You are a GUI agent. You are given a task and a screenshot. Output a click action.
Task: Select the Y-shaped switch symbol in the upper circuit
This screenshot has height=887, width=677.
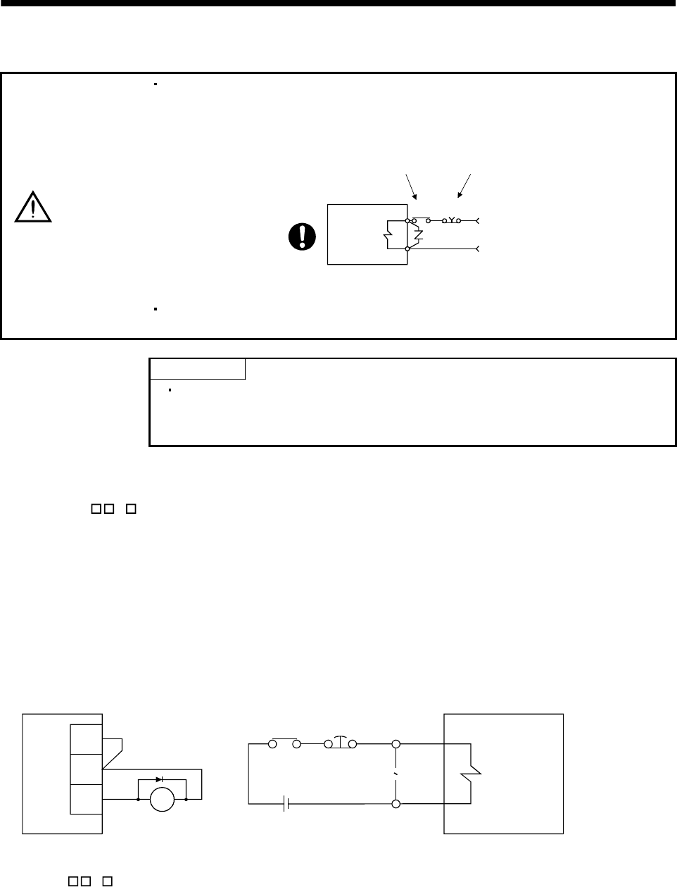451,220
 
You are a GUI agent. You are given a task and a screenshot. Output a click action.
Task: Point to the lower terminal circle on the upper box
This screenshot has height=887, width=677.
407,249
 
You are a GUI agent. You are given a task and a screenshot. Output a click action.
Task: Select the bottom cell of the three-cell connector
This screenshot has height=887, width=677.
87,798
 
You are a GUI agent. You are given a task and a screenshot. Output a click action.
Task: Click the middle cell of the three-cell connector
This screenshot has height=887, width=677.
87,769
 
